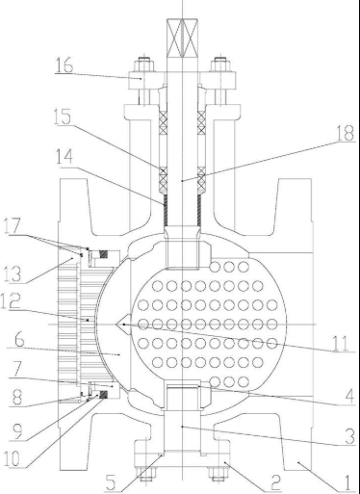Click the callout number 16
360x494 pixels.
(x=64, y=65)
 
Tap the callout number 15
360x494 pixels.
(x=63, y=117)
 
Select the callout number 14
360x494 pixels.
(x=64, y=157)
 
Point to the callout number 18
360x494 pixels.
(x=345, y=133)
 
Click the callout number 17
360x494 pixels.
(x=13, y=226)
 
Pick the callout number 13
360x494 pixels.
(x=13, y=273)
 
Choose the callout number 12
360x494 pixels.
(x=11, y=300)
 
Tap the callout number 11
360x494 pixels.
(x=341, y=343)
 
